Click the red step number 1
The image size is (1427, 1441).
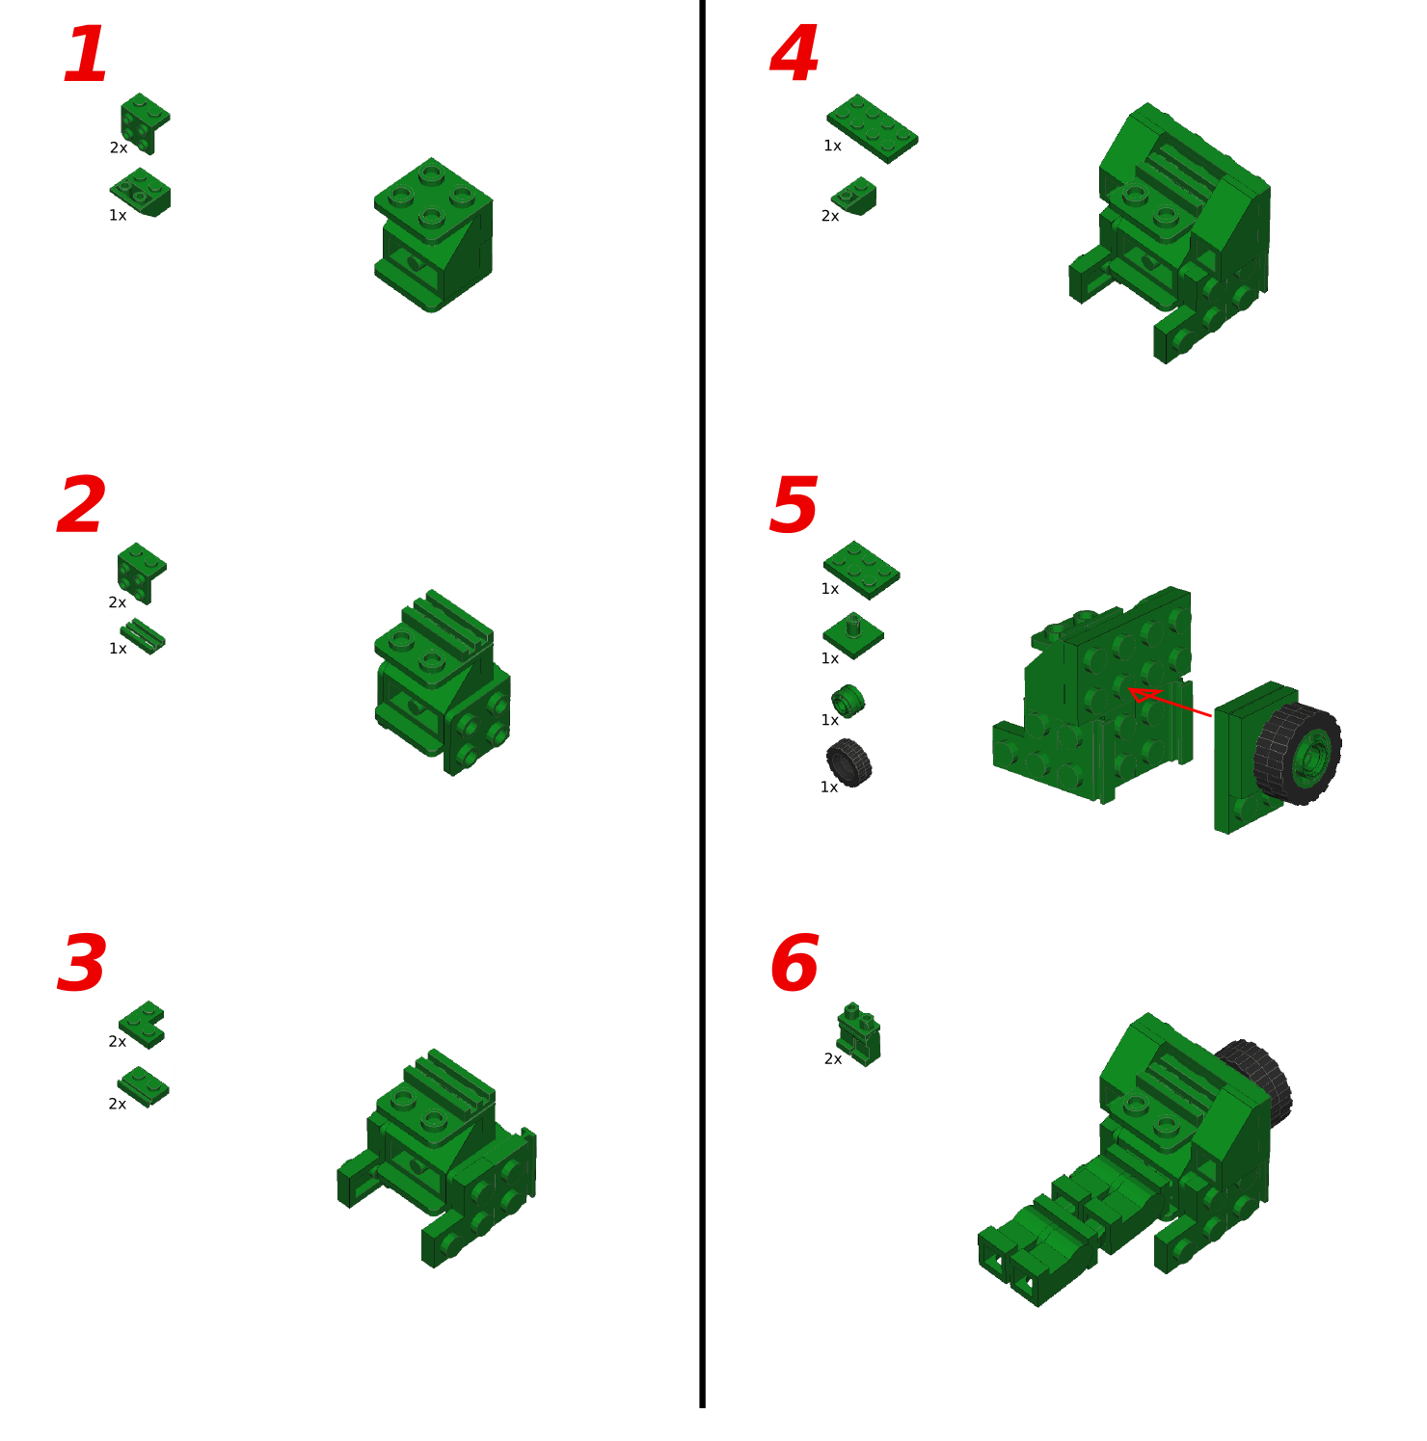coord(85,56)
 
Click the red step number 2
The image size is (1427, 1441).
coord(81,506)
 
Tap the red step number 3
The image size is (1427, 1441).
coord(81,964)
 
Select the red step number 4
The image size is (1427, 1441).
coord(794,56)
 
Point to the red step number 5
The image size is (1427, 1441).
coord(794,506)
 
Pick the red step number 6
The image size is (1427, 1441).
coord(794,964)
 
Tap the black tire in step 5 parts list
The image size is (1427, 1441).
coord(848,762)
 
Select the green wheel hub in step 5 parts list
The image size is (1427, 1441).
coord(848,701)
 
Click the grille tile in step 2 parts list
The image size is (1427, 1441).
coord(143,636)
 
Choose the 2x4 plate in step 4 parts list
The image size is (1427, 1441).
coord(872,128)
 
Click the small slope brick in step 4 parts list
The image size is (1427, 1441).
coord(855,196)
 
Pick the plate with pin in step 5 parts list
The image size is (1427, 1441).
coord(853,635)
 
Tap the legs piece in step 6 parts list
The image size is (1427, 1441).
coord(858,1033)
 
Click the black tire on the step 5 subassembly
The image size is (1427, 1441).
coord(1298,754)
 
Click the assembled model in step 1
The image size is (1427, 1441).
coord(433,235)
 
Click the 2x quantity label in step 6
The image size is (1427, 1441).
coord(833,1059)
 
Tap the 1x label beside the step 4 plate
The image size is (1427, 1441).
coord(832,147)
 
